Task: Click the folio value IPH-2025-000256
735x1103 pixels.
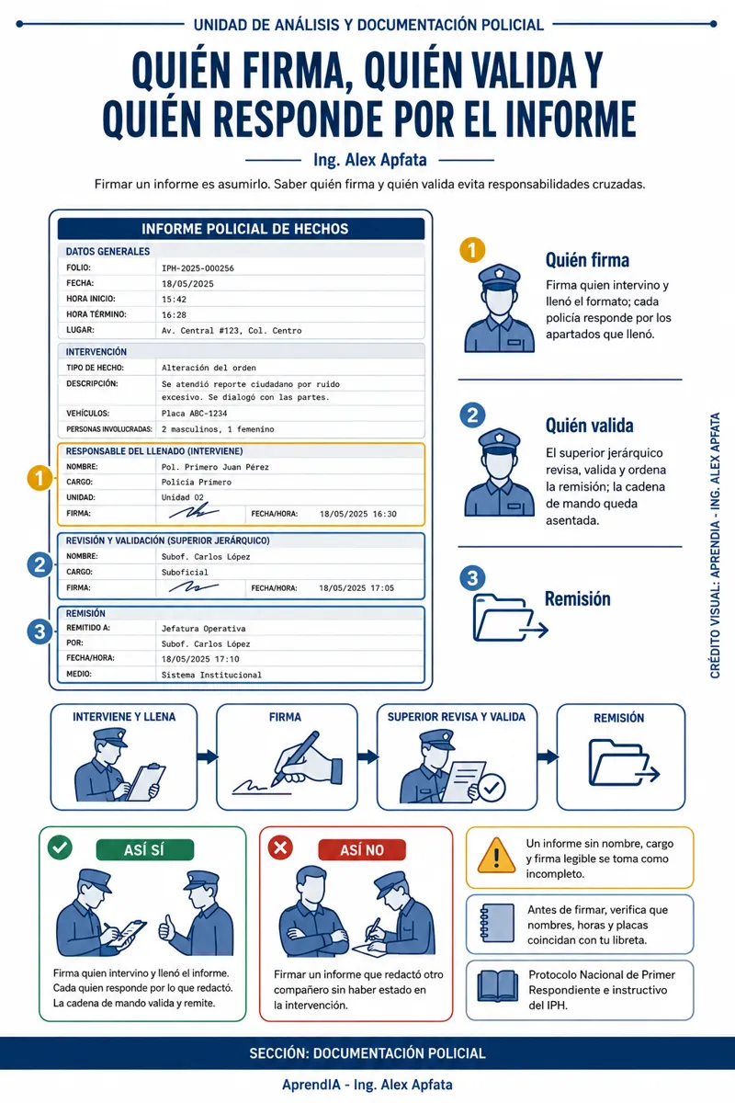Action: coord(198,268)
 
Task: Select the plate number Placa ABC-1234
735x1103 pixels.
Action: coord(194,414)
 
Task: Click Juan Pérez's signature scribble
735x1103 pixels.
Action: coord(194,511)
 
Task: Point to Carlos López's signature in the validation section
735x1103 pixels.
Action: coord(193,586)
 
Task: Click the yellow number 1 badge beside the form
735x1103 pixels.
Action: coord(40,478)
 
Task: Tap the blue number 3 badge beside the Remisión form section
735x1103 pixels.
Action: coord(40,631)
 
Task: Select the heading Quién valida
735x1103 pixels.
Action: coord(589,426)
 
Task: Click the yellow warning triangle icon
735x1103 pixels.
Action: coord(496,856)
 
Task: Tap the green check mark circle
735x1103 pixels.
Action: coord(60,847)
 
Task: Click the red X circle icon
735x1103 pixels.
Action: coord(280,847)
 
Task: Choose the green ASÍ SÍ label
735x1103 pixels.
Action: coord(145,850)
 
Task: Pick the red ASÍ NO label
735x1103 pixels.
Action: coord(362,850)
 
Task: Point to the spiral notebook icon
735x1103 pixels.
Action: coord(497,923)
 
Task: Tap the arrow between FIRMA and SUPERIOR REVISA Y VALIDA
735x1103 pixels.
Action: coord(367,756)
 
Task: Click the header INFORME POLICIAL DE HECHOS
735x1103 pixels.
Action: coord(244,229)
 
